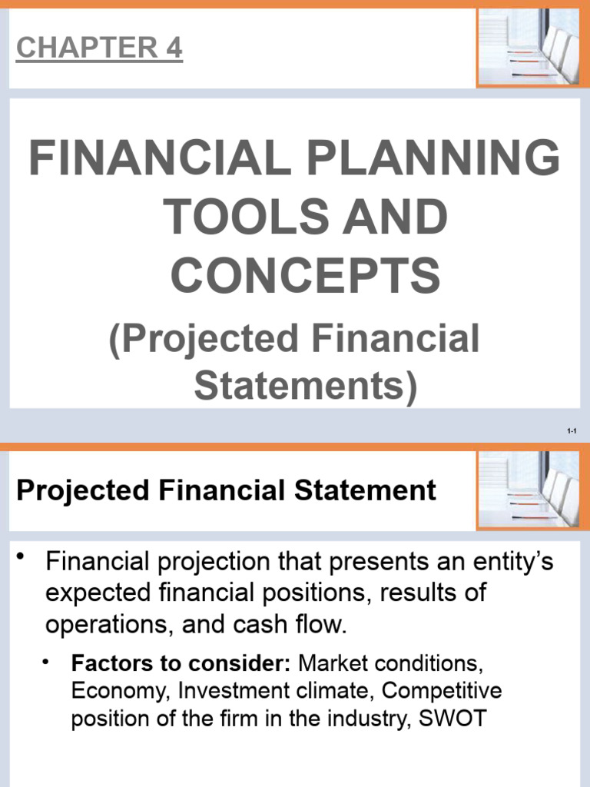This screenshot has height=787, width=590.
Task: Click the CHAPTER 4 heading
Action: point(99,48)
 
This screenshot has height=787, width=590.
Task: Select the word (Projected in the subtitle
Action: point(201,339)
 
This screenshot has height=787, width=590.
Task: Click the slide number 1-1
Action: point(572,432)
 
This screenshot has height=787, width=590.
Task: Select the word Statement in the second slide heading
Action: point(372,490)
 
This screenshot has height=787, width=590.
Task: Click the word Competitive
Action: point(442,691)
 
